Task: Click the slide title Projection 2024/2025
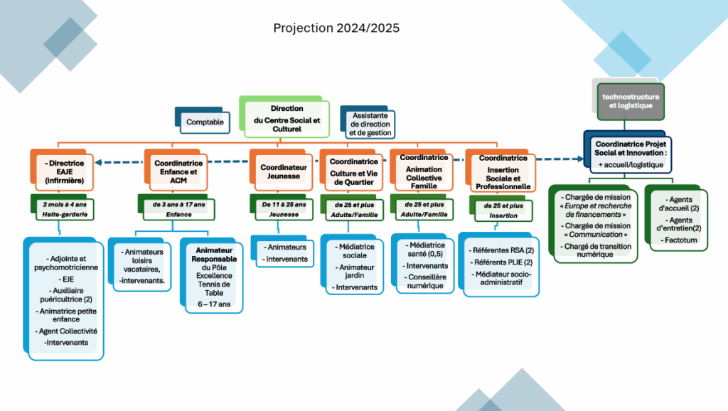click(336, 28)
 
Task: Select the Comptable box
click(205, 122)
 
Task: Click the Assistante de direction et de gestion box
click(370, 124)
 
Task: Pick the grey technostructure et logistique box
click(631, 101)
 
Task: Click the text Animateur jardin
click(355, 271)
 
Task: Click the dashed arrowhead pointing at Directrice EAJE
click(98, 162)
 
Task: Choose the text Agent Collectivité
click(66, 331)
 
